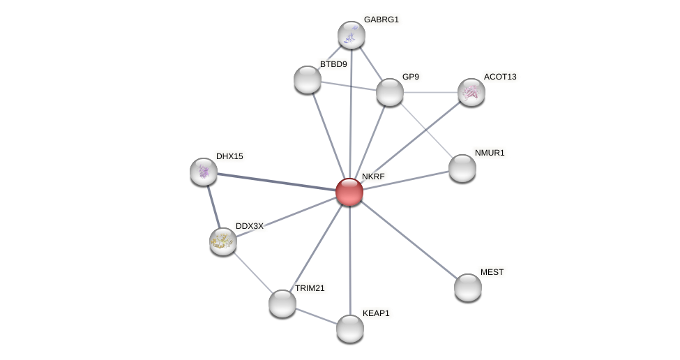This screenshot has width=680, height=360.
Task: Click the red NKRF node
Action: (x=349, y=192)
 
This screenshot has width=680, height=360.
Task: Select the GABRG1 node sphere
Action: (x=352, y=35)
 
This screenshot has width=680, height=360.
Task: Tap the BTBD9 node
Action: (x=308, y=80)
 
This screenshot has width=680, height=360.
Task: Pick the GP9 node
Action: (x=390, y=92)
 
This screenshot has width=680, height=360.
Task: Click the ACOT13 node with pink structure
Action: (x=471, y=92)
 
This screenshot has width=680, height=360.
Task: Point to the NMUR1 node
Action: (x=462, y=168)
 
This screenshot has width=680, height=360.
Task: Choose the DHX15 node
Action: (x=204, y=172)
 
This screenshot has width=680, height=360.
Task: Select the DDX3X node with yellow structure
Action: (x=223, y=241)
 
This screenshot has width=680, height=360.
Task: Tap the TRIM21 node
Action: (x=282, y=303)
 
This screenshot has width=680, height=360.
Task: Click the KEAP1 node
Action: (x=350, y=329)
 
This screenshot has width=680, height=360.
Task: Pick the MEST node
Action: (x=468, y=287)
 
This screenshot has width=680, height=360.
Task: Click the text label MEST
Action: (x=492, y=272)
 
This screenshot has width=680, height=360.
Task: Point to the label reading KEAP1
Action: (x=376, y=313)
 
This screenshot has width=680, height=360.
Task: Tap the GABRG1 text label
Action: (x=381, y=20)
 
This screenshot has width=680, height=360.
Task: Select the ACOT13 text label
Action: (x=500, y=77)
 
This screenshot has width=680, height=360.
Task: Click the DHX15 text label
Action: (x=229, y=156)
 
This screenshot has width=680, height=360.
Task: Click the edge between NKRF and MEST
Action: (x=409, y=240)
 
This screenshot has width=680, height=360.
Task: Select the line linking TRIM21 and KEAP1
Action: (x=316, y=316)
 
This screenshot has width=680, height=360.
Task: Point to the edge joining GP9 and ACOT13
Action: (x=430, y=92)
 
